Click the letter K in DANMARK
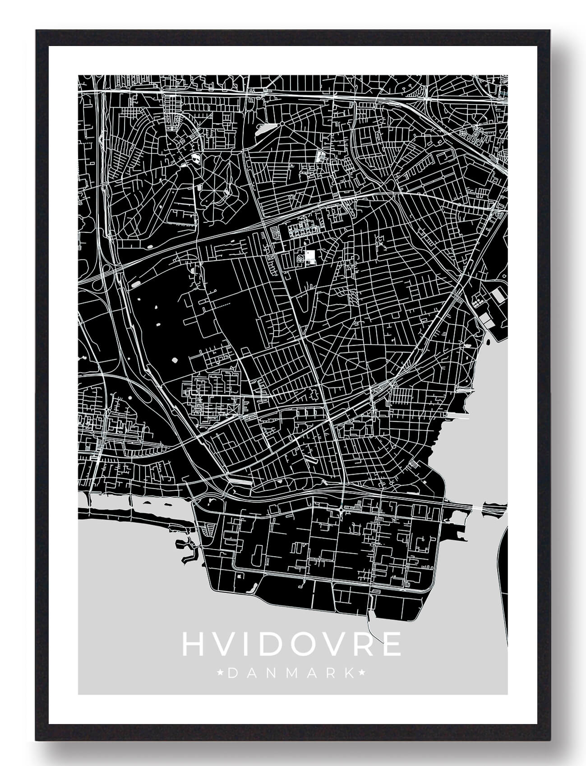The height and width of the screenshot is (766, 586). coord(349,674)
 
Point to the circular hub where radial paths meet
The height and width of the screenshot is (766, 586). coord(281,122)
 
